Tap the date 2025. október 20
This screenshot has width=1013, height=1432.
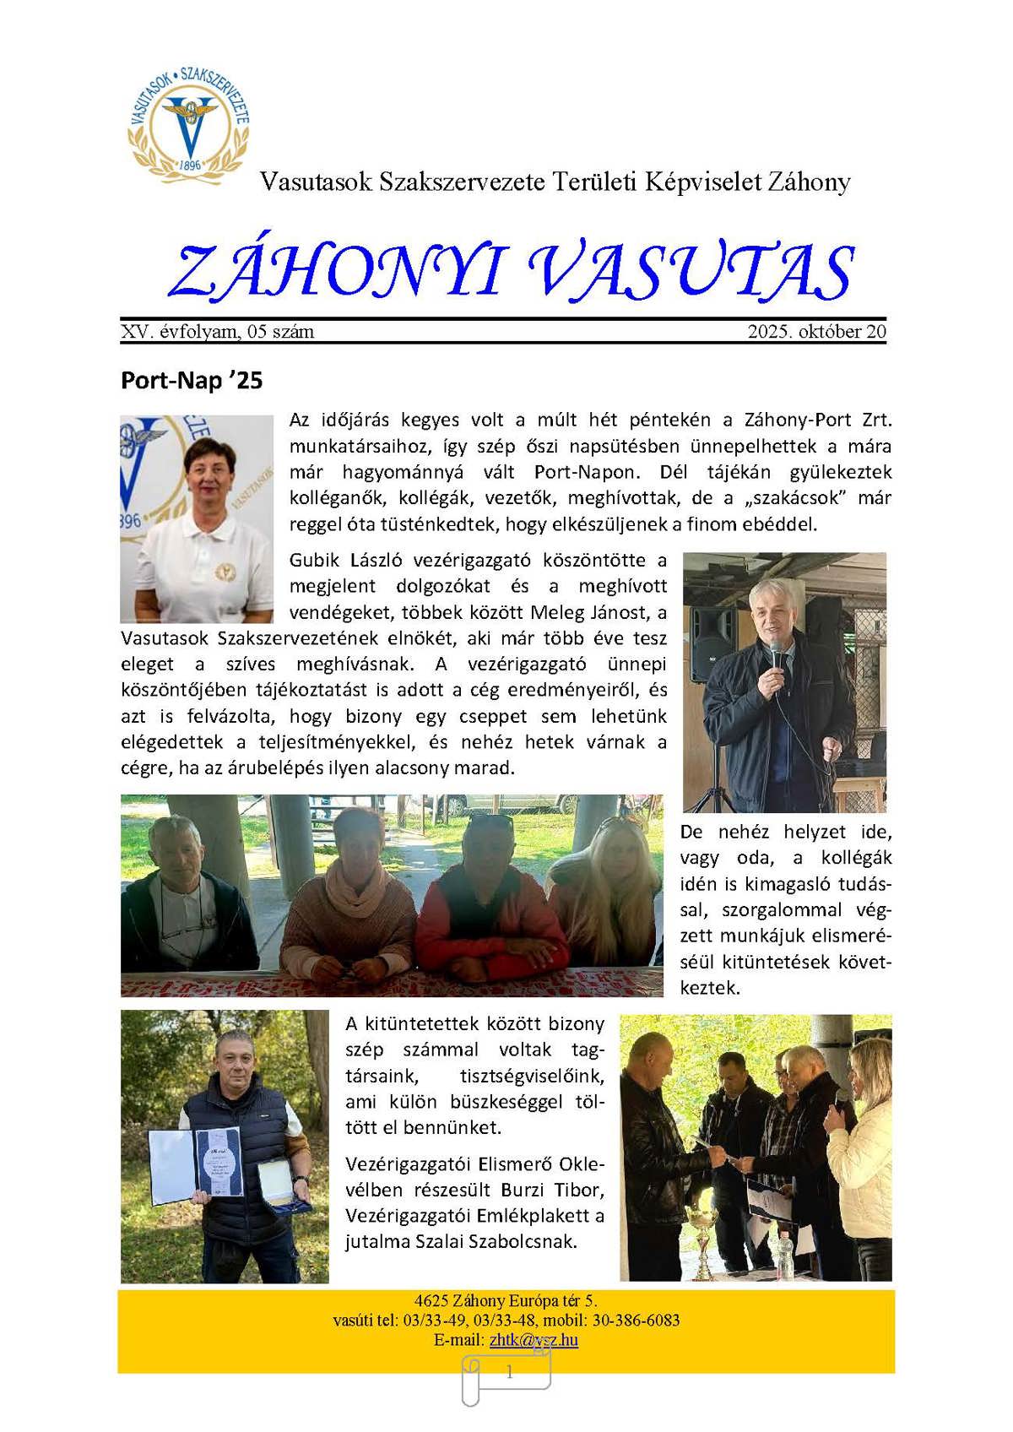click(x=816, y=332)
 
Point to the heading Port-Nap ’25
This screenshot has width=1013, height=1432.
click(x=192, y=381)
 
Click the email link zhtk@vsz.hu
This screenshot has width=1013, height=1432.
click(x=534, y=1340)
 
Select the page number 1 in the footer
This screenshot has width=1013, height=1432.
click(x=509, y=1373)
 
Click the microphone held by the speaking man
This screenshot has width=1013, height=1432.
click(x=775, y=653)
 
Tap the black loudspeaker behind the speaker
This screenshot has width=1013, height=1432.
click(x=714, y=640)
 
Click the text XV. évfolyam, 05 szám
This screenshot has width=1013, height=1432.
click(x=218, y=332)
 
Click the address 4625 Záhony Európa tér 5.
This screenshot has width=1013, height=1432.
click(x=506, y=1301)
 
